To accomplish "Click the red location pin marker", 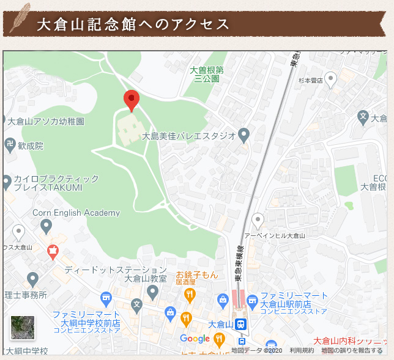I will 132,100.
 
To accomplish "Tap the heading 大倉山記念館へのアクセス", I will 133,24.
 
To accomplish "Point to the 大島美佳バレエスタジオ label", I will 188,136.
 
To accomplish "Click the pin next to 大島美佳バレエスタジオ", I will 244,134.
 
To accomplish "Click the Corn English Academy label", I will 76,213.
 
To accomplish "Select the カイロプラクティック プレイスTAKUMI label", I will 56,183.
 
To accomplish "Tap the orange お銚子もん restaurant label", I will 197,275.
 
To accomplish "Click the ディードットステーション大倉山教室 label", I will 116,274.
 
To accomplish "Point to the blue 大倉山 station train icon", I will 242,324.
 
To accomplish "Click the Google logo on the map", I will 195,339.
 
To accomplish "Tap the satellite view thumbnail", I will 23,327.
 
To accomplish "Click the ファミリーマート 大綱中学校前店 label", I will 86,318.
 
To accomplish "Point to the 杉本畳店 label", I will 310,80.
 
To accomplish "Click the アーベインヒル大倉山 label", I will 274,235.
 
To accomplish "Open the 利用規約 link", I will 302,350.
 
